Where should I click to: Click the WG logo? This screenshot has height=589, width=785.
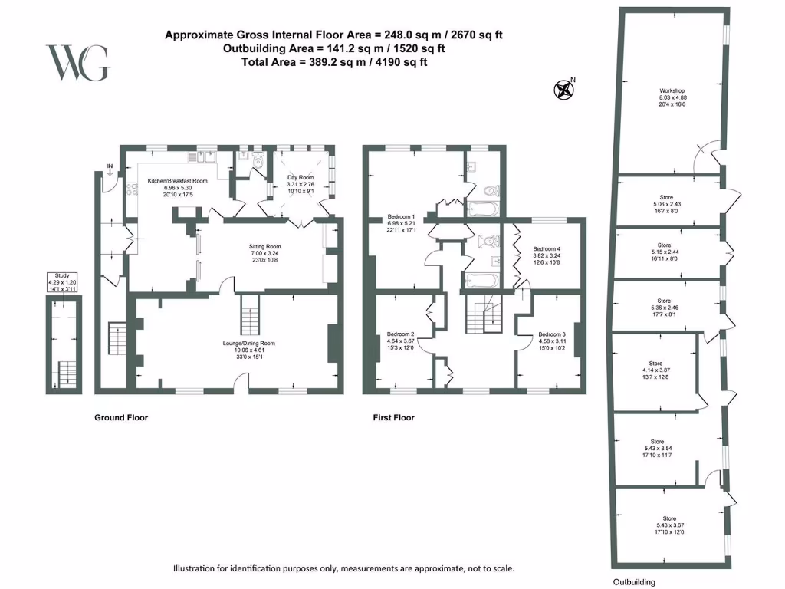[x=77, y=63]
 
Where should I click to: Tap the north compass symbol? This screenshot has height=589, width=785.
[x=564, y=90]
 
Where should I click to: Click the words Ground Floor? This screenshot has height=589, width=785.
[x=120, y=418]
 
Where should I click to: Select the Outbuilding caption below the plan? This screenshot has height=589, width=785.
[x=634, y=582]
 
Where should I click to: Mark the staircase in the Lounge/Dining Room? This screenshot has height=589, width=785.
[x=251, y=314]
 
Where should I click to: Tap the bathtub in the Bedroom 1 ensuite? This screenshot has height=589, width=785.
[x=482, y=209]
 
